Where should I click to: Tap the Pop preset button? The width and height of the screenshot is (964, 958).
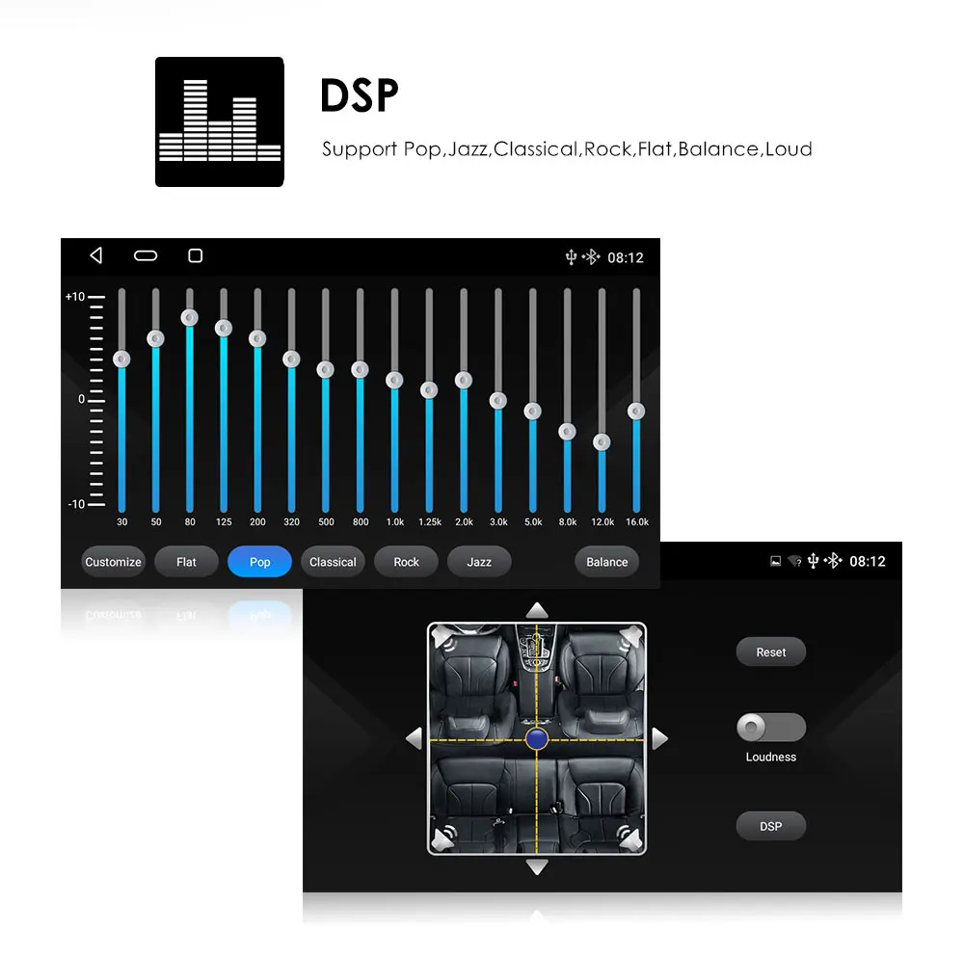coord(259,562)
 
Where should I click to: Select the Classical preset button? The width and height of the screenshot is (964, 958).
coord(333,562)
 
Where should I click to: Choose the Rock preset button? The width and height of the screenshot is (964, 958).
coord(406,562)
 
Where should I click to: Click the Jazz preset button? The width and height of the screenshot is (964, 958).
coord(479,562)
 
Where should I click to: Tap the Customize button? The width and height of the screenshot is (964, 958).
coord(113,562)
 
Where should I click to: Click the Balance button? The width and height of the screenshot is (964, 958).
coord(606,562)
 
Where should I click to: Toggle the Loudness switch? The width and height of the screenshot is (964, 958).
coord(770,728)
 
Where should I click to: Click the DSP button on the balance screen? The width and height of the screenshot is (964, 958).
coord(770,826)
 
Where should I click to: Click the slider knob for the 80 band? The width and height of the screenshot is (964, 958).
coord(190,318)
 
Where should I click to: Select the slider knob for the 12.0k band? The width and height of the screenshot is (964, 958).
coord(602,442)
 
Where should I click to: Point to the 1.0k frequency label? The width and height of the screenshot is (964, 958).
coord(394,522)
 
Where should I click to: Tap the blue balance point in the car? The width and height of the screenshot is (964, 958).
coord(537,739)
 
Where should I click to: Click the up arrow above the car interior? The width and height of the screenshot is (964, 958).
coord(537,610)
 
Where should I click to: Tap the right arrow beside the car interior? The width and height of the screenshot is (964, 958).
coord(659,739)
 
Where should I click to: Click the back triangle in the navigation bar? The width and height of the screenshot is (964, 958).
coord(95,255)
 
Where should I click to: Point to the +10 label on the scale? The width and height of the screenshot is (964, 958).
coord(75,297)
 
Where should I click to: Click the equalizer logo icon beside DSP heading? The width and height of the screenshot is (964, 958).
coord(220,121)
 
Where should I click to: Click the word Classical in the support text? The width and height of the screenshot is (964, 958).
coord(535,149)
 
